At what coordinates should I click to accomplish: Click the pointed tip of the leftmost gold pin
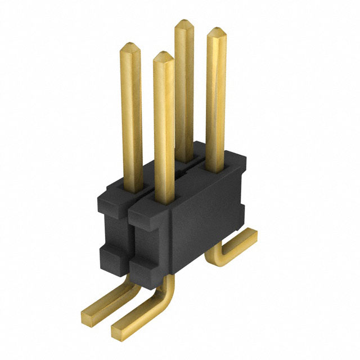[130, 44]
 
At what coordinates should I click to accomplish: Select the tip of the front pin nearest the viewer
[163, 55]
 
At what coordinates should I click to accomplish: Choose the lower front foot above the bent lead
[143, 264]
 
